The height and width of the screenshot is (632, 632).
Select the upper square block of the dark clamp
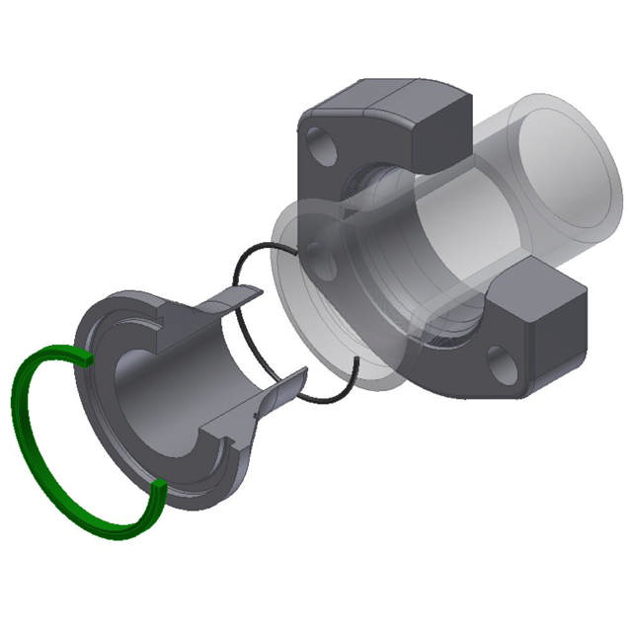(434, 128)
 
